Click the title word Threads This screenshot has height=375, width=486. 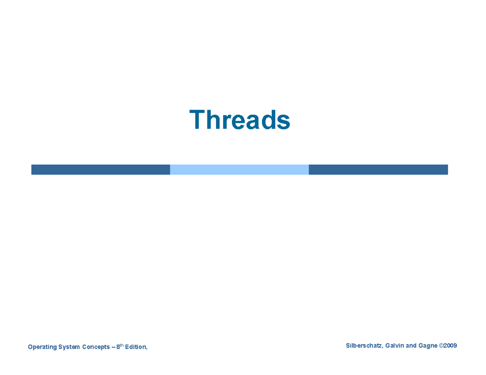point(240,120)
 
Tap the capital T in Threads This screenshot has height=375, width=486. point(198,120)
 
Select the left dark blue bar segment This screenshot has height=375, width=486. point(100,169)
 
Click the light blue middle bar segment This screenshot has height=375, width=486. point(239,169)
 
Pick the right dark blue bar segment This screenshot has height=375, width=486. point(378,169)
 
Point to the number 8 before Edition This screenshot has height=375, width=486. point(118,347)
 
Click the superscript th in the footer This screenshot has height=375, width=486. point(122,345)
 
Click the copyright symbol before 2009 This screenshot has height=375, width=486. point(441,345)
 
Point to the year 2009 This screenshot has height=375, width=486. point(450,345)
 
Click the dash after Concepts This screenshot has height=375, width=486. point(113,347)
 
